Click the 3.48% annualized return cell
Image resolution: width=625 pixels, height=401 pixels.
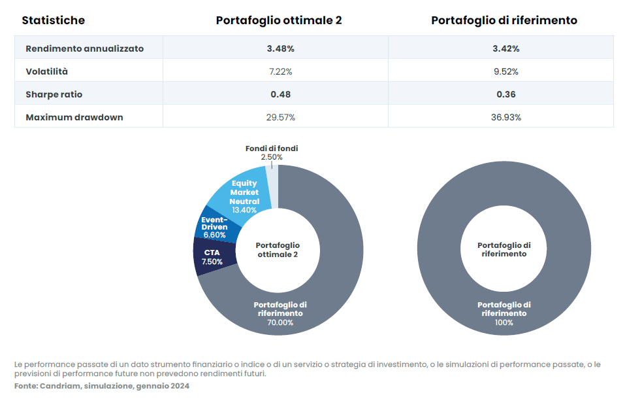[x=281, y=48]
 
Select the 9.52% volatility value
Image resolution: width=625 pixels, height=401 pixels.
[x=506, y=71]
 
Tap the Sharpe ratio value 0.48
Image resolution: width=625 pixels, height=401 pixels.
[x=281, y=95]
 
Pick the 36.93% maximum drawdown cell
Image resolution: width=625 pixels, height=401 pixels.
[x=506, y=118]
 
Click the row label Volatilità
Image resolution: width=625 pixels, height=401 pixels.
[x=46, y=71]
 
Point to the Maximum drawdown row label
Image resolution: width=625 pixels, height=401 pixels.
[x=74, y=118]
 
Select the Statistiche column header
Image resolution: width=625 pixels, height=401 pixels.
[x=54, y=20]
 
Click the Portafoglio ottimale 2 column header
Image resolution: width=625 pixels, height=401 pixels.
[x=279, y=20]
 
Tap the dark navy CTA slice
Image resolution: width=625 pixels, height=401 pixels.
[x=214, y=257]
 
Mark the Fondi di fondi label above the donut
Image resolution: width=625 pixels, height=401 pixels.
[x=272, y=148]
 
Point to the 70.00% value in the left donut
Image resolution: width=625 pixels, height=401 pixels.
[x=280, y=323]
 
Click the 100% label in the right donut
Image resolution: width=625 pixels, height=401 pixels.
[x=504, y=323]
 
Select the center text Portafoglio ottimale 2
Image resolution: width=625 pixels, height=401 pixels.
[x=278, y=250]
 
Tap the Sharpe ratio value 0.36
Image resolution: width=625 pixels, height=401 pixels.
[x=506, y=95]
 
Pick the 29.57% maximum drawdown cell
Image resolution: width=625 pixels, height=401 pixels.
[x=281, y=118]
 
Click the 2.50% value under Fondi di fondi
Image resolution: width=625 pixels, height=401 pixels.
[x=272, y=157]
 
